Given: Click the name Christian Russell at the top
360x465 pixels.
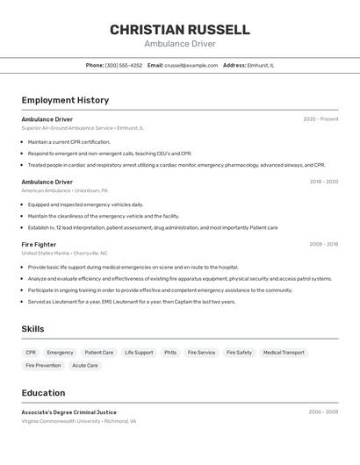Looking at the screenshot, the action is tap(179, 30).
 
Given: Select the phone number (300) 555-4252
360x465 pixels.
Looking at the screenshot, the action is tap(123, 65).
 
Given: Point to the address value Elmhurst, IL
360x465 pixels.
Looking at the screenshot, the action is tap(261, 65).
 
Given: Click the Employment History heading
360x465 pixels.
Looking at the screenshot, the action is tap(65, 100).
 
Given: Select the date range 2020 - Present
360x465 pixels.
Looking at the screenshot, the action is tap(320, 119).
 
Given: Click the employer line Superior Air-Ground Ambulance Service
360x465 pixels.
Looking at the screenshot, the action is tap(83, 128).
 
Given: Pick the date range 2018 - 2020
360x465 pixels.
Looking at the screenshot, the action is tap(323, 182).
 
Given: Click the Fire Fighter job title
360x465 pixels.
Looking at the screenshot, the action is tap(39, 244).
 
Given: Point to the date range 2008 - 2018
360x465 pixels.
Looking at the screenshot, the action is tap(323, 244).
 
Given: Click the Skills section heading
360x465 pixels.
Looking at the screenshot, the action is tap(32, 329).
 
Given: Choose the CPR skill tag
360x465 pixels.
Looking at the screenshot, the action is tap(31, 353).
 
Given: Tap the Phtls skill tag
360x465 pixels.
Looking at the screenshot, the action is tap(169, 353).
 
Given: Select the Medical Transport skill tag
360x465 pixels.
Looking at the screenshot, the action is tap(283, 353).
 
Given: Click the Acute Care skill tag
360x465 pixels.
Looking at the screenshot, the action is tap(85, 365).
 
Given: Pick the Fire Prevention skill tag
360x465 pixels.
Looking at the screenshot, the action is tap(43, 365).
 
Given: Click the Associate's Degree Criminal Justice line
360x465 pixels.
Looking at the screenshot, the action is tap(68, 411).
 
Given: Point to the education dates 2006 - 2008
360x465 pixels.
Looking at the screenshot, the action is tap(323, 411).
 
